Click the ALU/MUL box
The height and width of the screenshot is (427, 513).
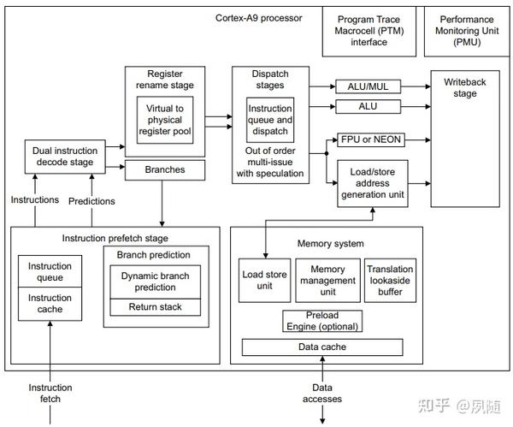tap(368, 86)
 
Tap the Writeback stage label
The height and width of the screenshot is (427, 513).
tap(465, 87)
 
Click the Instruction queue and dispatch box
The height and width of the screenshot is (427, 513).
tap(270, 121)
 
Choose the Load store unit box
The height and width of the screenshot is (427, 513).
tap(265, 280)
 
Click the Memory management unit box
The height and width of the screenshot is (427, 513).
tap(327, 280)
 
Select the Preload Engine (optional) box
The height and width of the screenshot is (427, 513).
tap(321, 321)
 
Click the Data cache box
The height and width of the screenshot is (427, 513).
tap(321, 347)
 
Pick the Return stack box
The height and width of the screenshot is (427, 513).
tap(155, 307)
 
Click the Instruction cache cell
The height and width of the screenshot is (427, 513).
tap(50, 303)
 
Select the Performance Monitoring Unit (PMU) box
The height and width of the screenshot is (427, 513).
tap(466, 31)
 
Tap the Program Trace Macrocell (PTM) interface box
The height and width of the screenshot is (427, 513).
tap(369, 31)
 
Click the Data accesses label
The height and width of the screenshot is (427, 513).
tap(322, 394)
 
